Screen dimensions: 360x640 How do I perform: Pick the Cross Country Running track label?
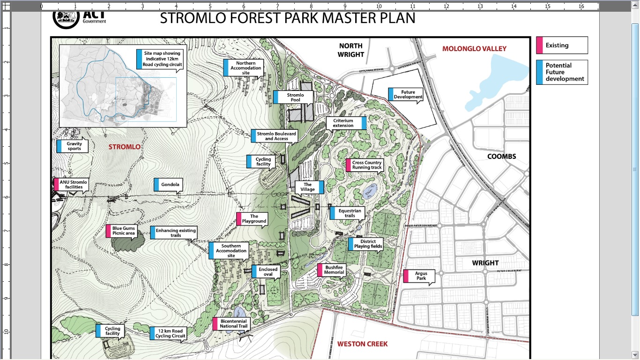(x=365, y=165)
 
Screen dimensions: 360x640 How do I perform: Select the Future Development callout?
(x=406, y=95)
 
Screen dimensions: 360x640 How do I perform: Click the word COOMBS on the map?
(x=501, y=156)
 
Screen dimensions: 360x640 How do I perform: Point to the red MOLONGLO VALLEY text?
(x=474, y=49)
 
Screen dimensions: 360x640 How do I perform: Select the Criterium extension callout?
(x=346, y=123)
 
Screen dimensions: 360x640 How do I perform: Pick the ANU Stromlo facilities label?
(x=72, y=184)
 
